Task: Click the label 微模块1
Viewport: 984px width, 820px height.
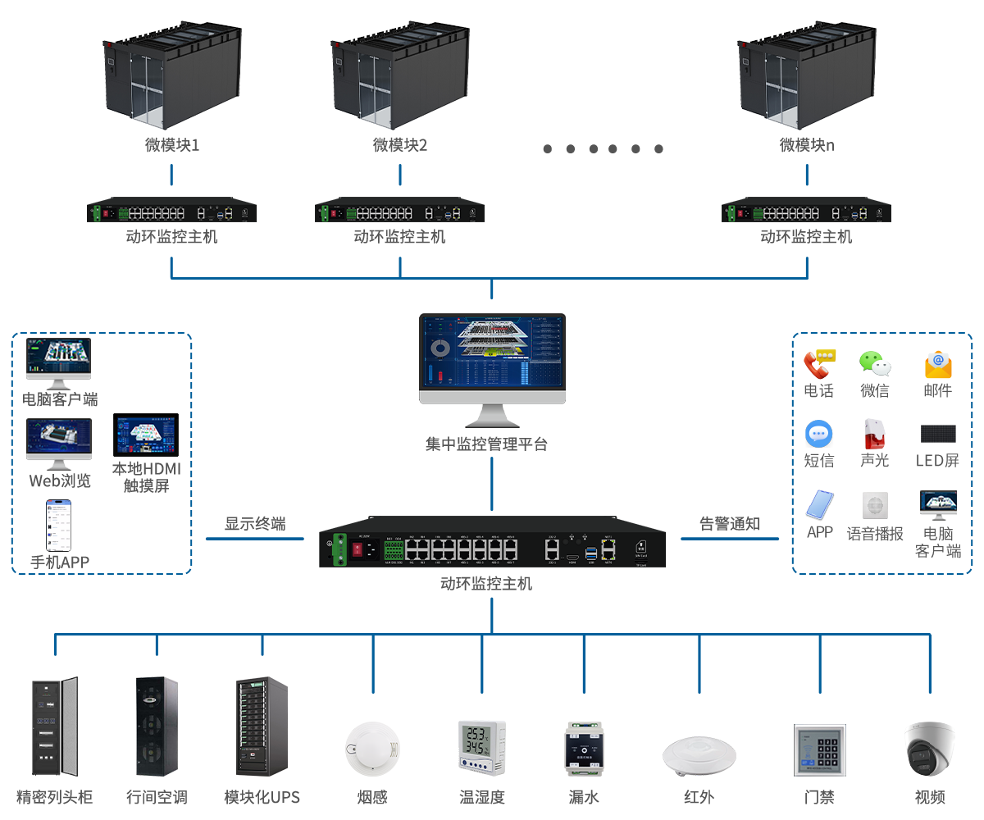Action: click(172, 145)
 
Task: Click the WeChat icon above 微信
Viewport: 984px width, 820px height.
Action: click(874, 363)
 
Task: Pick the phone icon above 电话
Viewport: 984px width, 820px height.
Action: click(818, 363)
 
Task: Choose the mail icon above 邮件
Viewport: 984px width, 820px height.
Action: click(937, 364)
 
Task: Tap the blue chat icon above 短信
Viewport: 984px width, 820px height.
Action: click(818, 434)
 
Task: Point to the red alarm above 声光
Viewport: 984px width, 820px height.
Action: click(874, 433)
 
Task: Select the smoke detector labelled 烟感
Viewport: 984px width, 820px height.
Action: click(373, 749)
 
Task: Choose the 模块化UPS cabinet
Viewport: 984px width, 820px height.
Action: click(262, 727)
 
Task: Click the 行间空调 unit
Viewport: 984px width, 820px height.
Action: click(156, 727)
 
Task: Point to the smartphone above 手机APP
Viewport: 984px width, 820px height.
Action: click(58, 526)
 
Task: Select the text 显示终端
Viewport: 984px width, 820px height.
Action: click(255, 524)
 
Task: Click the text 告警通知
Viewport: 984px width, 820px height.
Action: click(729, 524)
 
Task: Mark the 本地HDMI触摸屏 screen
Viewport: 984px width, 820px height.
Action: click(145, 435)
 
